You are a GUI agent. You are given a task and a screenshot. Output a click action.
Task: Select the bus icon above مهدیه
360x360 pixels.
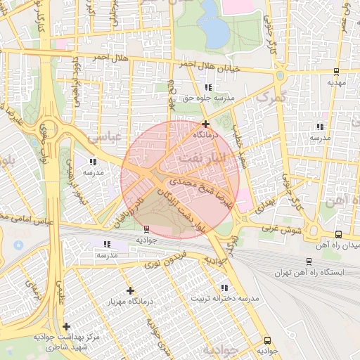coord(336,71)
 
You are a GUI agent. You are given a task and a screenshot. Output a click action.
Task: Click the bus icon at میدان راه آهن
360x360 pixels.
coord(339,234)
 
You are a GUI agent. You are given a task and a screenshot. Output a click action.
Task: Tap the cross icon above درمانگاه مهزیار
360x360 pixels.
coord(130,290)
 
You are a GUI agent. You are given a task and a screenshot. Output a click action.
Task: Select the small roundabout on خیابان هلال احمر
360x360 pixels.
coord(280,74)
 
